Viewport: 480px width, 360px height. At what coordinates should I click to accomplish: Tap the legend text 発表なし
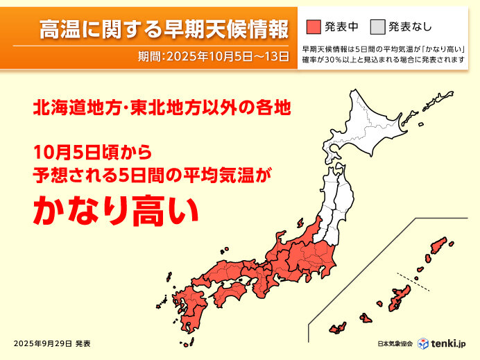tap(410, 27)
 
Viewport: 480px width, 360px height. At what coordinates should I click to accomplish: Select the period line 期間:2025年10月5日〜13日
tap(214, 56)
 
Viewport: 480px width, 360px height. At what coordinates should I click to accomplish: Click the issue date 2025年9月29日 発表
tap(51, 343)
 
